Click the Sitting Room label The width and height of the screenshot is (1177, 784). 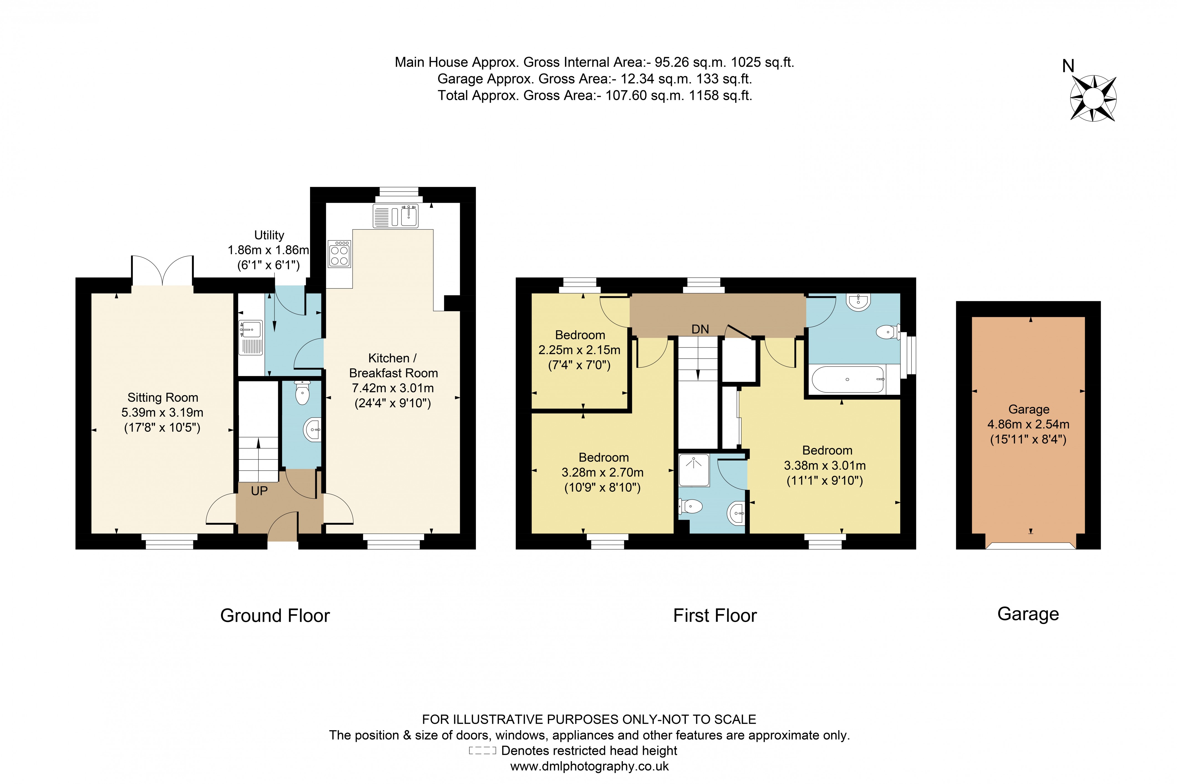tap(163, 397)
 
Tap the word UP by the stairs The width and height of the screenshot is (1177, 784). tap(259, 491)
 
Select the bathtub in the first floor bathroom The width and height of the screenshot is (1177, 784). tap(848, 379)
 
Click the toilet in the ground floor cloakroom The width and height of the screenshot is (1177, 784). tap(302, 392)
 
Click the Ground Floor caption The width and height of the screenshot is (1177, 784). tap(275, 615)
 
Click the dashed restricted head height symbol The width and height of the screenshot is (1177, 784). tap(482, 750)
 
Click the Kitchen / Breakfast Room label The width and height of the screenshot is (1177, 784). tap(393, 366)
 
